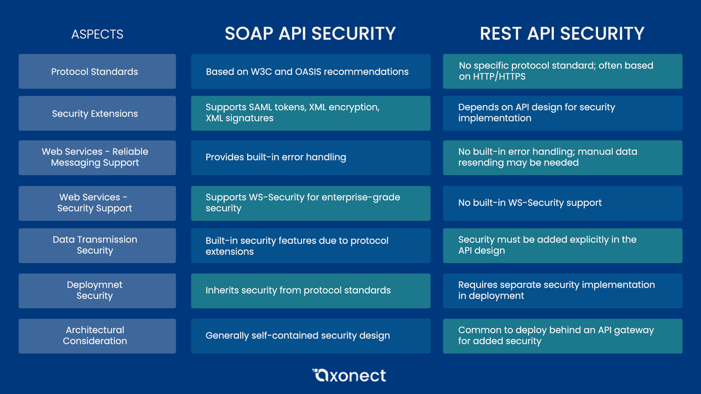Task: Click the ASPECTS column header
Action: point(97,34)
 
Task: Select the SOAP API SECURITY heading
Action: point(310,33)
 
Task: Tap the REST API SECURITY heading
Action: point(562,33)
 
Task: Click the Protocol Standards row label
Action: point(95,72)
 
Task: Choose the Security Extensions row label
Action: point(95,113)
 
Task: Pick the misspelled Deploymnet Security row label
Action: point(95,290)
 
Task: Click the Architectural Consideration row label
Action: point(95,336)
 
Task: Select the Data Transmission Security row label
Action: point(95,245)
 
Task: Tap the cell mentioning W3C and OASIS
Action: point(310,72)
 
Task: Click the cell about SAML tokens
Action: point(310,113)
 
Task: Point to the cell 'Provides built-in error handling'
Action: point(310,157)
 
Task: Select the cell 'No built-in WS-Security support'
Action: point(562,203)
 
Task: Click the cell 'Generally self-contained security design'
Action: point(310,336)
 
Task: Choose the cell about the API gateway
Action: point(562,336)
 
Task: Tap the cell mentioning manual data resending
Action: point(562,157)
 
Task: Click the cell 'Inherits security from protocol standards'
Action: point(310,290)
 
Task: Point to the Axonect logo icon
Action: point(320,375)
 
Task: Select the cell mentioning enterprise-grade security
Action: point(310,203)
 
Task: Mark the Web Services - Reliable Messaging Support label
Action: point(95,157)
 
